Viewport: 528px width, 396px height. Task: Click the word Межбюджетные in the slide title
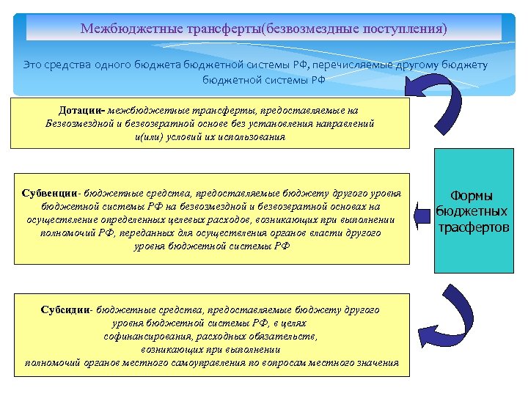pos(122,29)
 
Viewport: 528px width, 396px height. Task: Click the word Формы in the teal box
pos(471,196)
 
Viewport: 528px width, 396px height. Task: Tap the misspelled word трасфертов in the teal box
pos(473,227)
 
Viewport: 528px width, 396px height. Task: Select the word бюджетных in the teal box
pos(472,211)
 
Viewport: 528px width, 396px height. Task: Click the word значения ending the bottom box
pos(375,363)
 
